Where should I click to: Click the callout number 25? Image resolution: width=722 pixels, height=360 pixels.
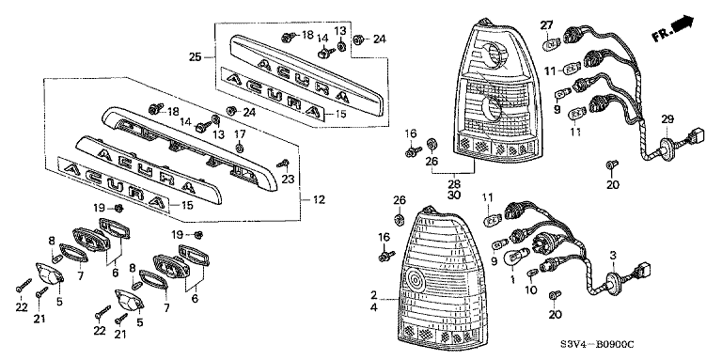(x=196, y=57)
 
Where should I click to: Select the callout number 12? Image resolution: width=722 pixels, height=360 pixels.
(x=319, y=200)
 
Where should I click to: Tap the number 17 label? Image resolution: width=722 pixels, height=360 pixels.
(x=240, y=134)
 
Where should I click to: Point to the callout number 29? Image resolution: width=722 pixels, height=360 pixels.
(x=667, y=119)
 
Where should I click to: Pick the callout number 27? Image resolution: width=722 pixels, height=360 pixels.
(x=546, y=25)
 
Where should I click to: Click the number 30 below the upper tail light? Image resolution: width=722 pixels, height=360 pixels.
(x=454, y=195)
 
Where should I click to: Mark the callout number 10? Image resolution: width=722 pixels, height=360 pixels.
(x=531, y=290)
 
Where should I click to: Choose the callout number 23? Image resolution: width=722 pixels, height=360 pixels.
(x=288, y=180)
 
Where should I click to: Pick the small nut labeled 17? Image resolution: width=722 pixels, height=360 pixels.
(x=240, y=149)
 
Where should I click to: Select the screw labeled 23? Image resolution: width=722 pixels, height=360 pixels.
(x=284, y=164)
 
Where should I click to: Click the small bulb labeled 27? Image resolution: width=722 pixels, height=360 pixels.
(x=550, y=45)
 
